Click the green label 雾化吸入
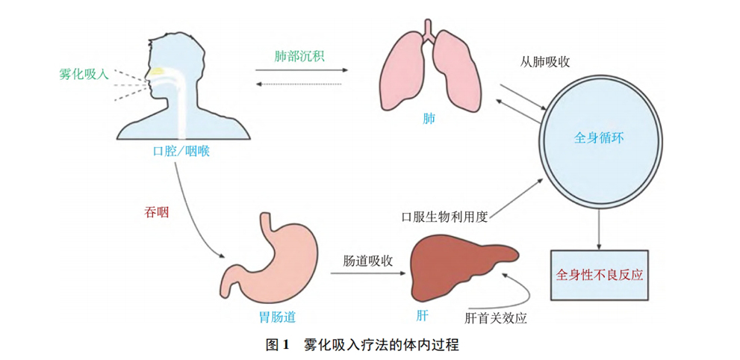(x=84, y=74)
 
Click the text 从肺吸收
(x=544, y=62)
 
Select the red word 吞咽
(x=156, y=213)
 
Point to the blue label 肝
(x=422, y=316)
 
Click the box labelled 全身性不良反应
(x=600, y=275)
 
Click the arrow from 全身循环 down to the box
(x=600, y=229)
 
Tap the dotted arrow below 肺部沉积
(x=298, y=84)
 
